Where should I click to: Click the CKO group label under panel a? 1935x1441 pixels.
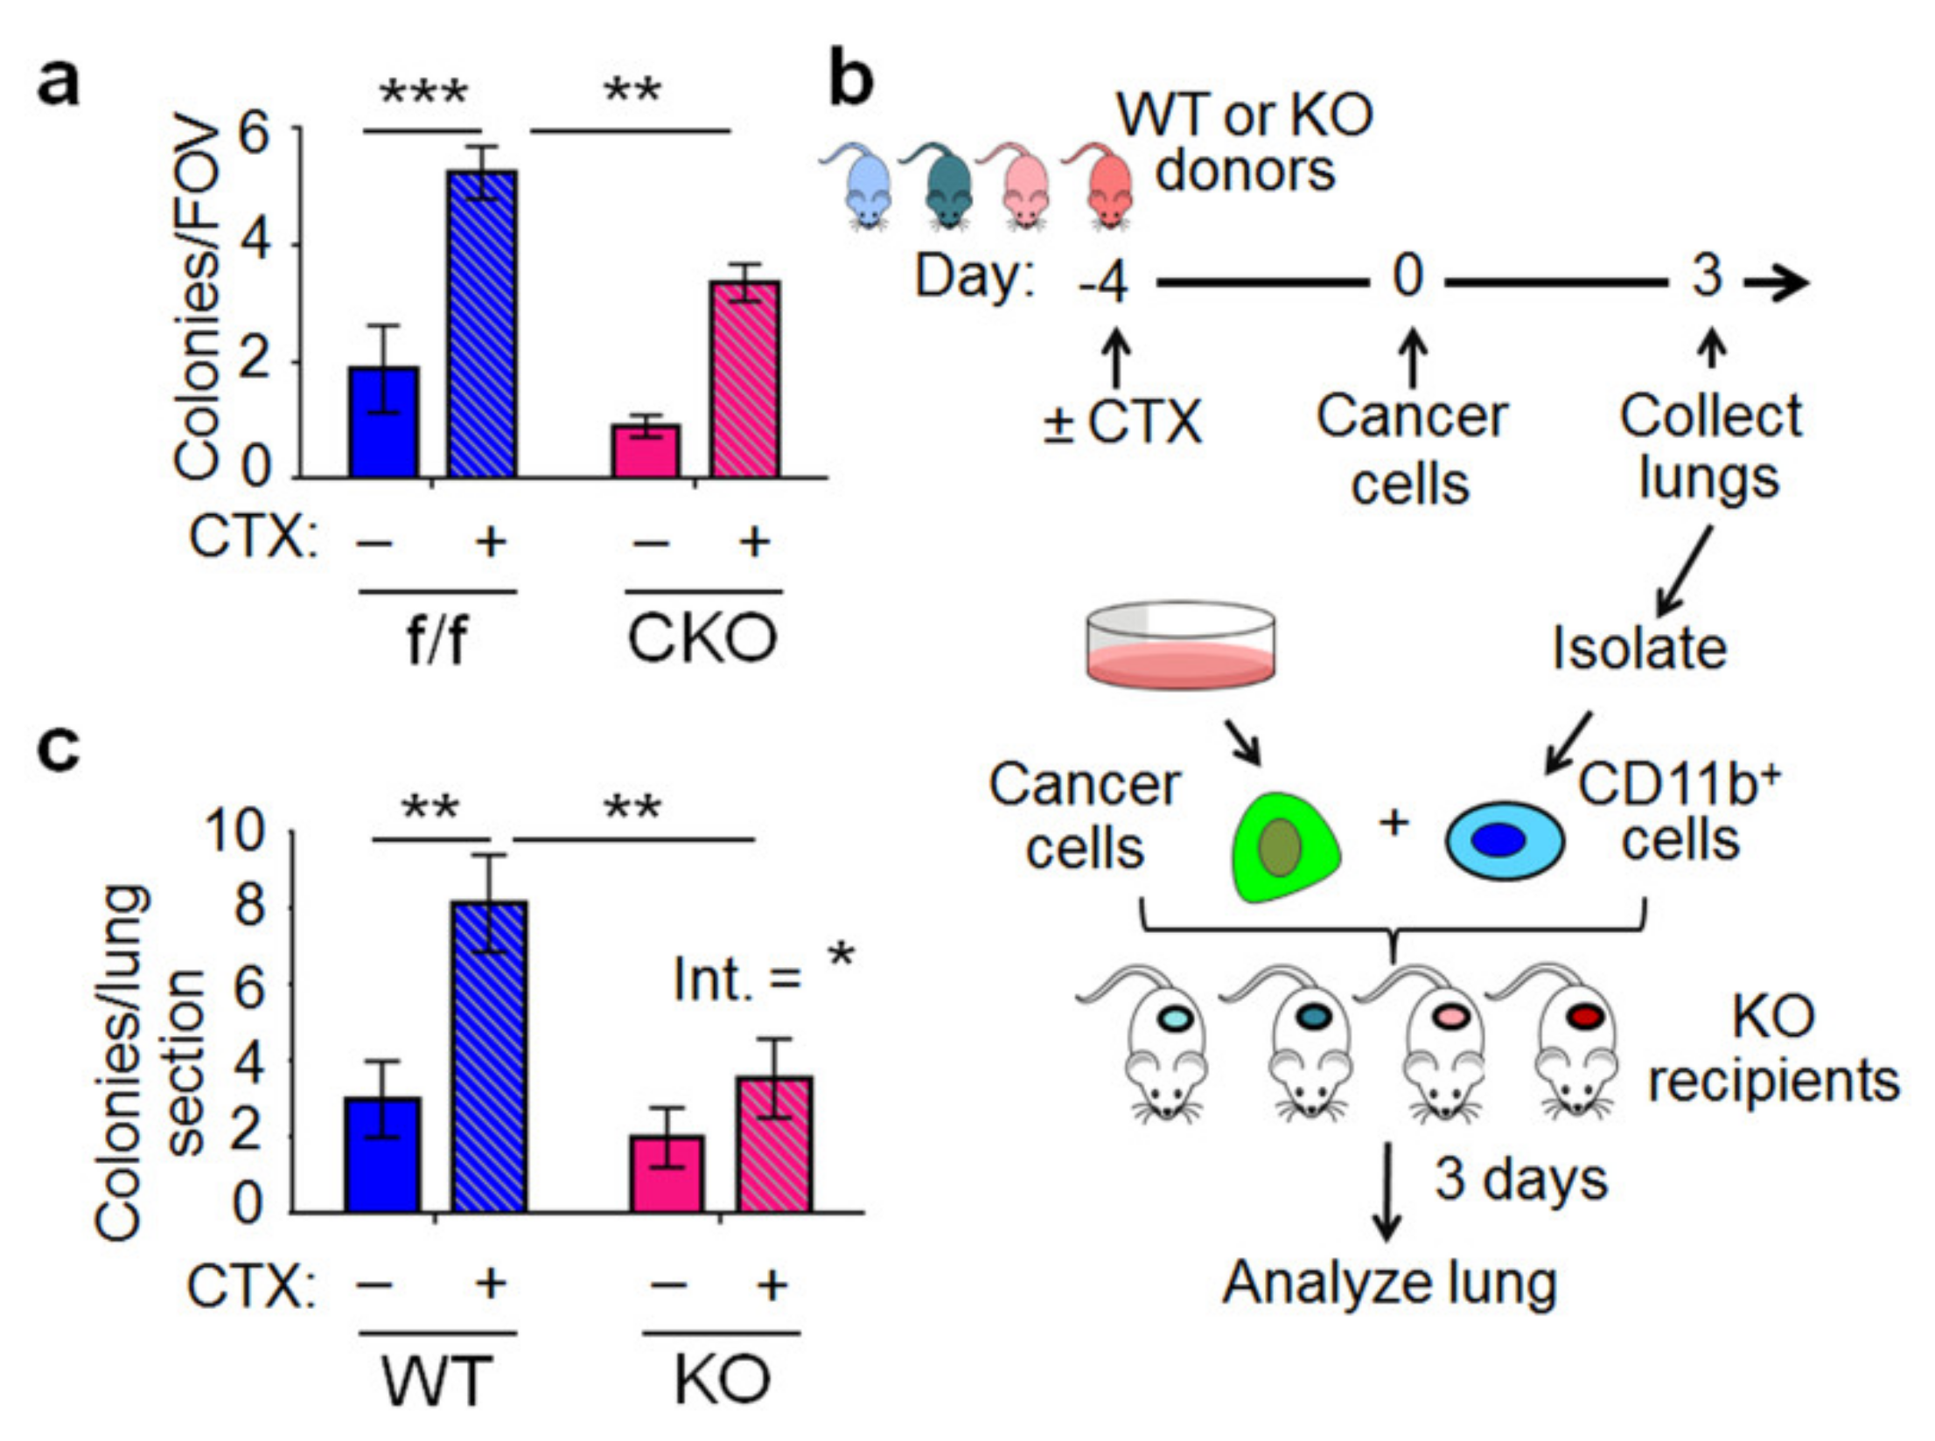point(702,639)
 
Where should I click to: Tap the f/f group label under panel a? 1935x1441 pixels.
point(436,641)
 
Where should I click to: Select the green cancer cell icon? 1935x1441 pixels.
point(1284,846)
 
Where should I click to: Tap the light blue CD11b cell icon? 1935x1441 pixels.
point(1504,840)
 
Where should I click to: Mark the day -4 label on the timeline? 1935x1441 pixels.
point(1104,282)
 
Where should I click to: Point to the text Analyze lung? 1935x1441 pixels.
point(1389,1284)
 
